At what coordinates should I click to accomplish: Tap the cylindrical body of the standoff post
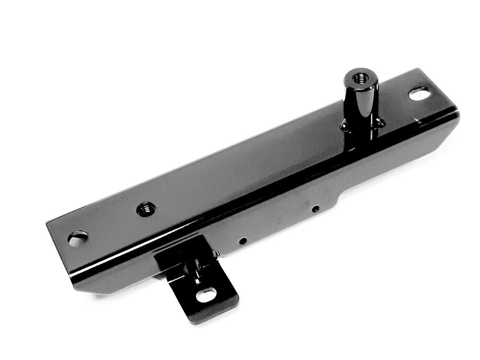(x=360, y=103)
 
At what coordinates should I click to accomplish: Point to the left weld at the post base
(x=344, y=126)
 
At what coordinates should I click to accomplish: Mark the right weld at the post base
(x=380, y=123)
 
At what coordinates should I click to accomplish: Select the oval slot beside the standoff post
(x=419, y=94)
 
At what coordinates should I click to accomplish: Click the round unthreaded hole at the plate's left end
(x=78, y=238)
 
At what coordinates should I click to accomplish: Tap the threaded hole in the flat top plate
(x=146, y=209)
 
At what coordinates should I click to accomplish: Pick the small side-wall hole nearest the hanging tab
(x=243, y=240)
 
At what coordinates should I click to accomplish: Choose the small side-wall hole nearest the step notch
(x=315, y=209)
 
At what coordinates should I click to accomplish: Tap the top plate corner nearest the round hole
(x=48, y=224)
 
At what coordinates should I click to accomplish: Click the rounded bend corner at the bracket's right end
(x=456, y=115)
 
